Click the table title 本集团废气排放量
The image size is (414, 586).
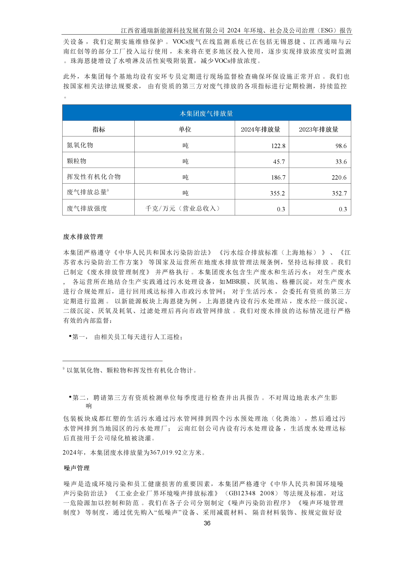206,114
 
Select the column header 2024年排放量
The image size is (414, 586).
260,129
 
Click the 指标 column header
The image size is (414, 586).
99,129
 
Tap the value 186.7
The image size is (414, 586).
278,177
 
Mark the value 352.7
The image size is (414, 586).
339,193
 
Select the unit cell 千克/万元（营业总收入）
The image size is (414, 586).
183,208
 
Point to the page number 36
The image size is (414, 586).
207,523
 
